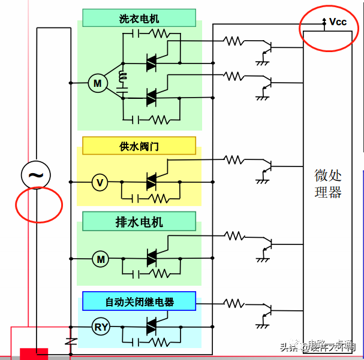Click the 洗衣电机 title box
pyautogui.click(x=139, y=18)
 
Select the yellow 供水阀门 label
pyautogui.click(x=139, y=146)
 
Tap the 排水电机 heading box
pyautogui.click(x=139, y=222)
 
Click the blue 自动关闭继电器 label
pyautogui.click(x=139, y=301)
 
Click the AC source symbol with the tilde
pyautogui.click(x=36, y=175)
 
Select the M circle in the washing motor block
pyautogui.click(x=97, y=83)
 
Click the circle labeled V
pyautogui.click(x=100, y=182)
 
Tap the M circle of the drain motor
pyautogui.click(x=101, y=259)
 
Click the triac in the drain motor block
pyautogui.click(x=152, y=258)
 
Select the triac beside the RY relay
pyautogui.click(x=152, y=326)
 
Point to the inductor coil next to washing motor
pyautogui.click(x=124, y=77)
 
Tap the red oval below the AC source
pyautogui.click(x=39, y=204)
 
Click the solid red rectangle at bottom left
pyautogui.click(x=34, y=353)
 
